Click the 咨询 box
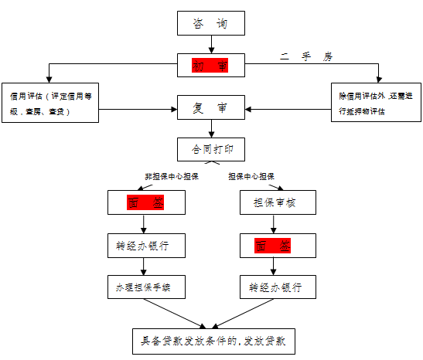tap(210, 25)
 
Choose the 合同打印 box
tap(210, 147)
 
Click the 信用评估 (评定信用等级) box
tap(49, 104)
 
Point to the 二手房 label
tap(305, 57)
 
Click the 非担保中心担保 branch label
tap(171, 176)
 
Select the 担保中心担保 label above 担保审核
tap(251, 176)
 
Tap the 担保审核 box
tap(275, 203)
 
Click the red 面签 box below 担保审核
tap(275, 246)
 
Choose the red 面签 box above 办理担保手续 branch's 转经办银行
tap(145, 203)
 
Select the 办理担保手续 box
tap(145, 287)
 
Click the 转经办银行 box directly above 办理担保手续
tap(145, 246)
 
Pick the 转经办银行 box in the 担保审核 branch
tap(275, 287)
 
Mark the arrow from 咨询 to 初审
tap(210, 45)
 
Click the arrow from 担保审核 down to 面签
tap(275, 225)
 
